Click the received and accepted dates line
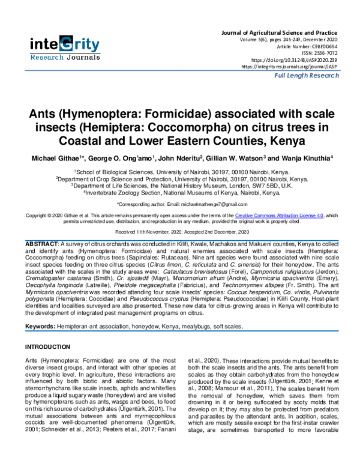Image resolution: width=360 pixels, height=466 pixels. point(181,232)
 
